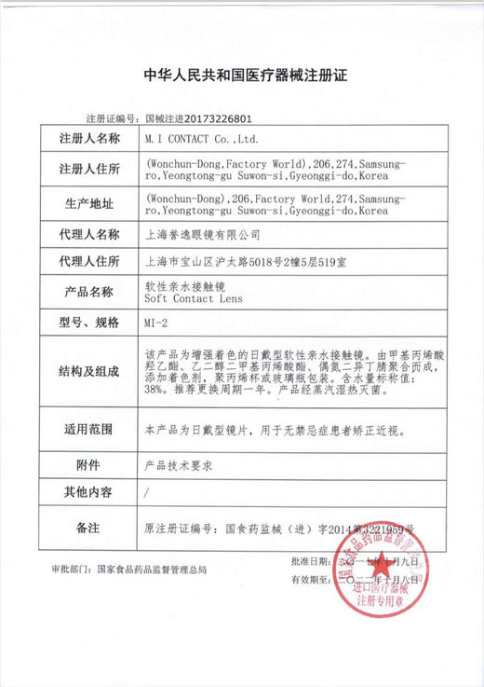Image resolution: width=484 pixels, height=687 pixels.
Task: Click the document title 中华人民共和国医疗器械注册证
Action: point(245,76)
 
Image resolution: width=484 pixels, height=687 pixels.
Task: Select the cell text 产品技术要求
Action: point(180,464)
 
